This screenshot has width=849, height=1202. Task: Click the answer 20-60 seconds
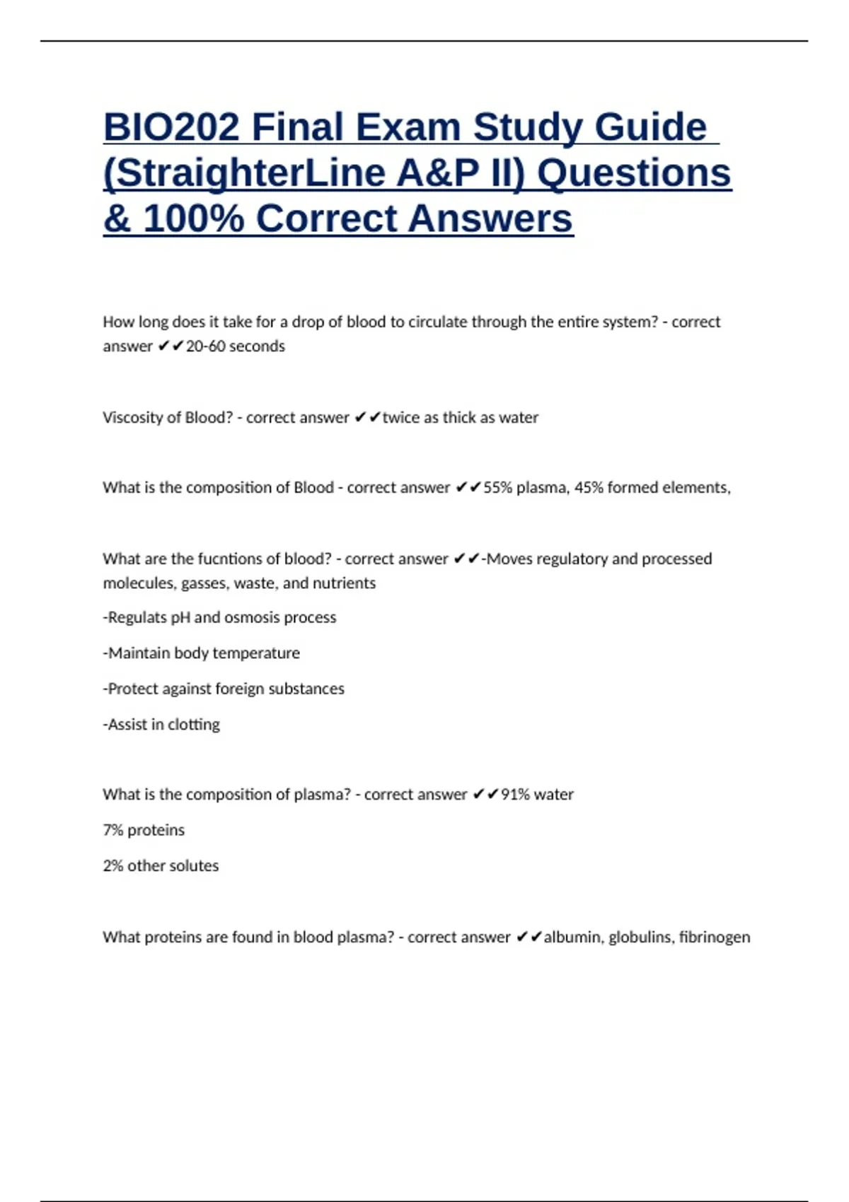tap(235, 346)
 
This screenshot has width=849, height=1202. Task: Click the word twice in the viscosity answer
tap(401, 418)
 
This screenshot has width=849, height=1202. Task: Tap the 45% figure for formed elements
tap(589, 488)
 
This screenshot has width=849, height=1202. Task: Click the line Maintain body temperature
tap(202, 653)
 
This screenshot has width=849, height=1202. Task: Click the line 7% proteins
tap(144, 830)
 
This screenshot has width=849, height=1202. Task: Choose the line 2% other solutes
tap(161, 866)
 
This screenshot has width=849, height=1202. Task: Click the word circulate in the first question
tap(439, 322)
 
